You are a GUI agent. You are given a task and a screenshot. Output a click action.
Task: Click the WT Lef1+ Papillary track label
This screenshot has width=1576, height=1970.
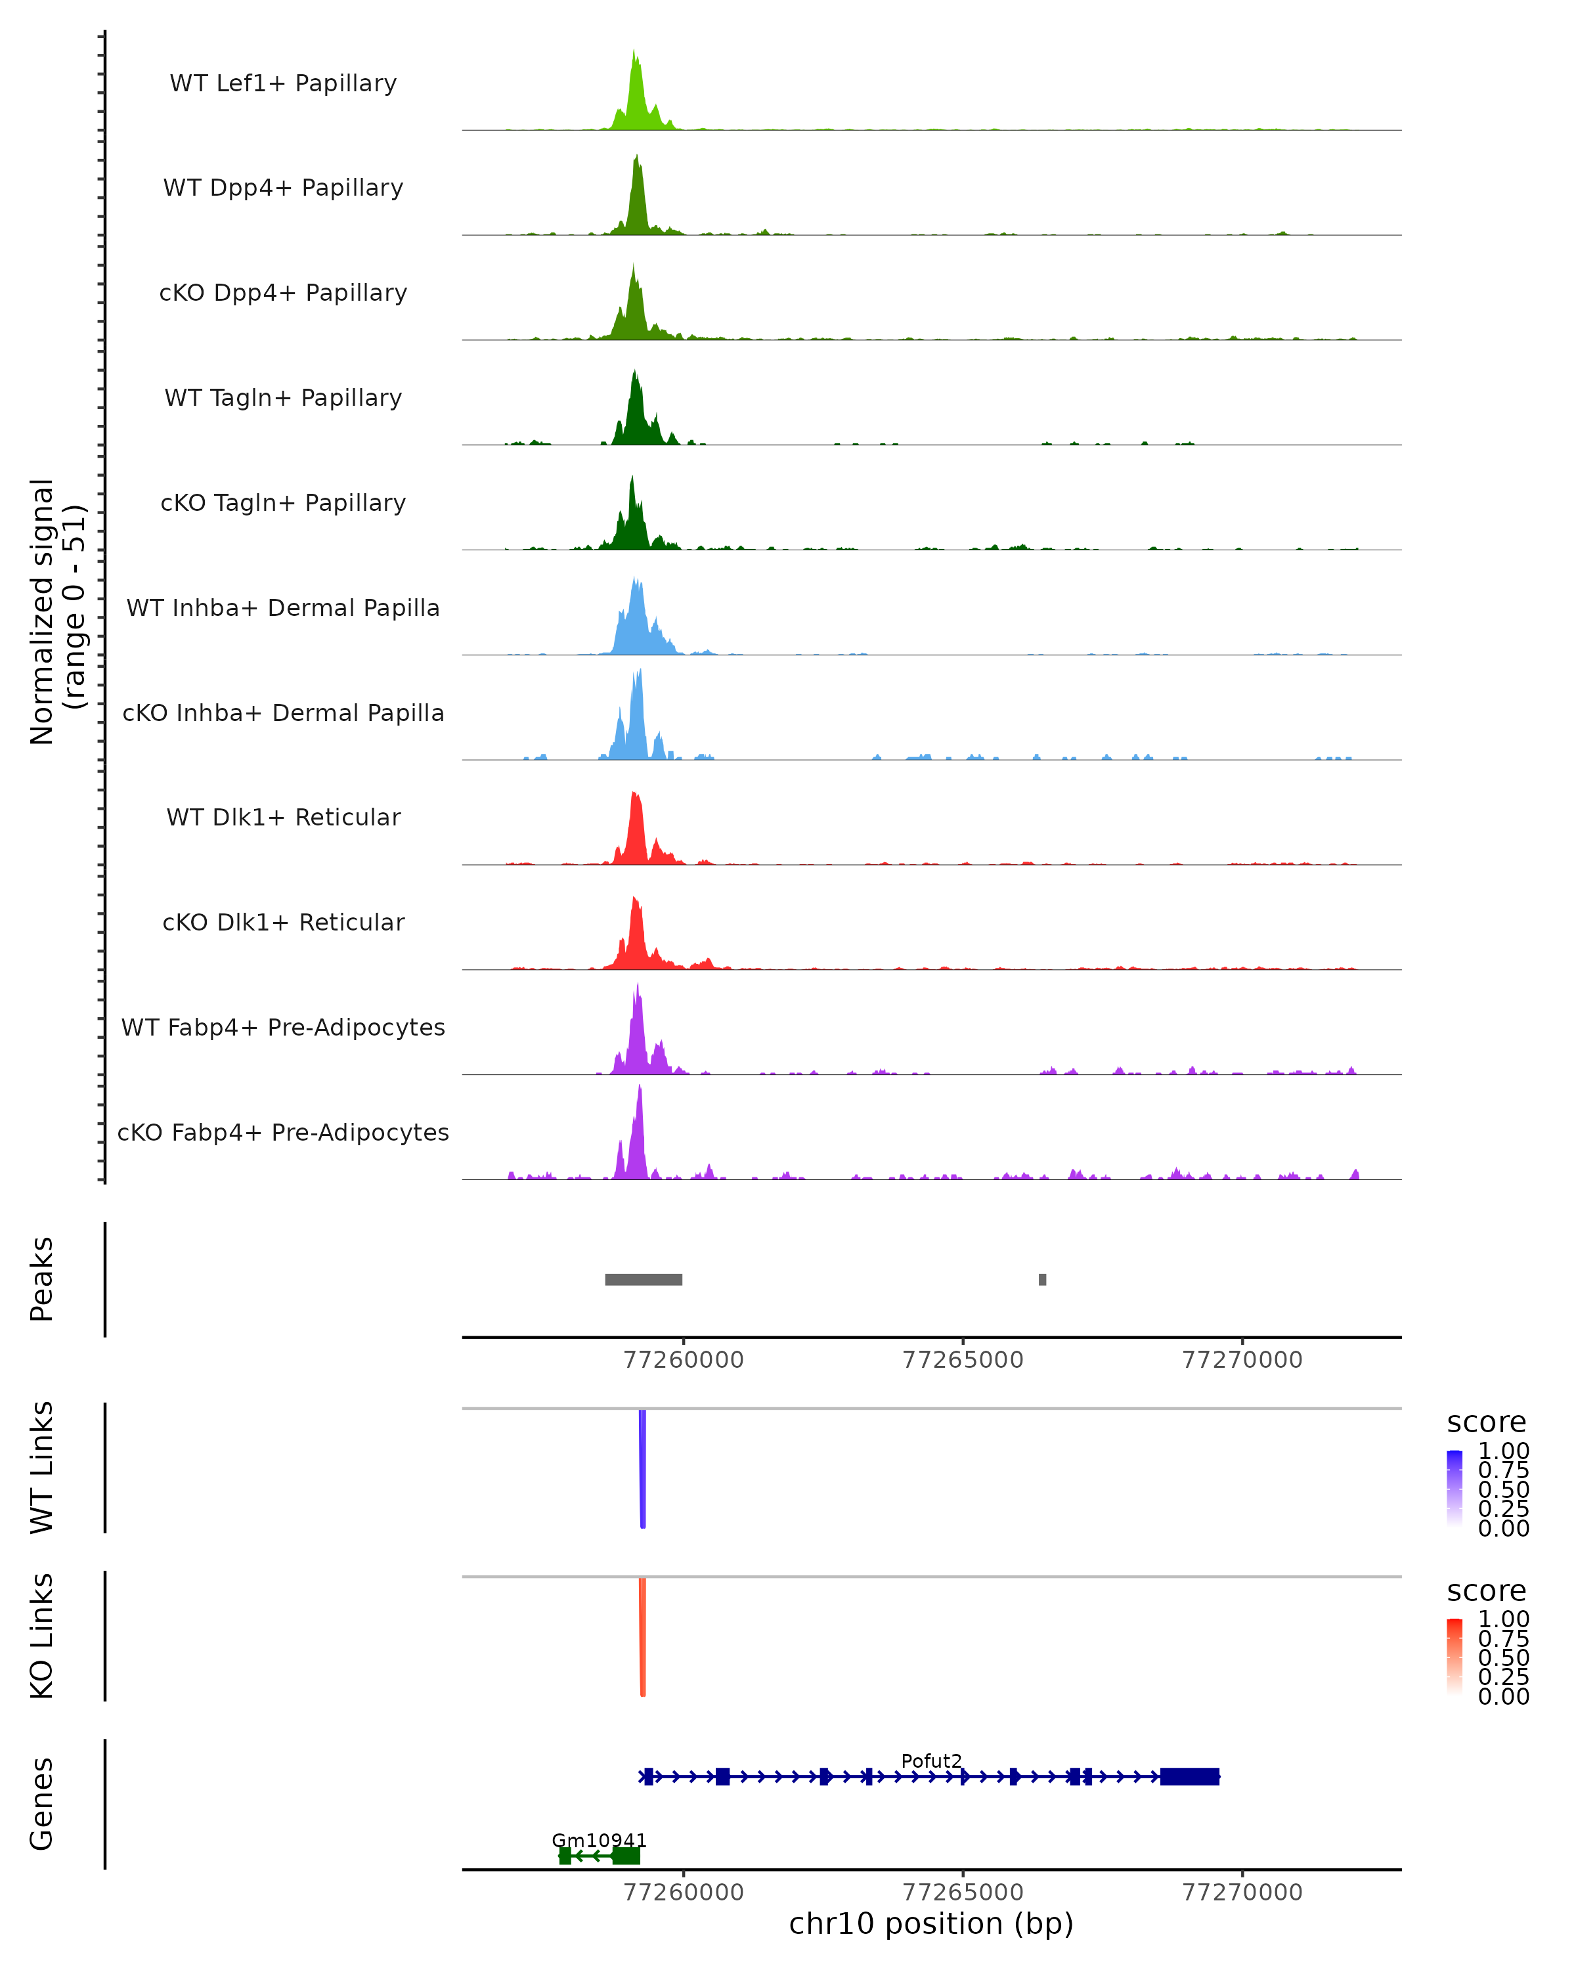[x=283, y=83]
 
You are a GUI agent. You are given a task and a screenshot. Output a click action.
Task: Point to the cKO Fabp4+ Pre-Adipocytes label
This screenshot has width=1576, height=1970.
[x=283, y=1132]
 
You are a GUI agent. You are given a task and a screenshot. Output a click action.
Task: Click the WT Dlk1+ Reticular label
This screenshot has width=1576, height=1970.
[x=283, y=817]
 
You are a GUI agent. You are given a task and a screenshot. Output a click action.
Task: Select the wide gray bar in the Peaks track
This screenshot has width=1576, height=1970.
[x=643, y=1279]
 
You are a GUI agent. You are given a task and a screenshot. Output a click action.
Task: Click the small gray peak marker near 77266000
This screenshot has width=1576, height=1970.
[x=1042, y=1279]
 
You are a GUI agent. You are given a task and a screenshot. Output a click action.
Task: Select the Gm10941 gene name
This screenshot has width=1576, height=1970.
[x=598, y=1840]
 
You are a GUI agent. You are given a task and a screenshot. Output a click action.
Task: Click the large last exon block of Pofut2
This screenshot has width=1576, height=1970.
[x=1189, y=1776]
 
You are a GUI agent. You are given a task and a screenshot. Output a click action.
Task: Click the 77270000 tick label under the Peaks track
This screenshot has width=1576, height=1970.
[x=1242, y=1360]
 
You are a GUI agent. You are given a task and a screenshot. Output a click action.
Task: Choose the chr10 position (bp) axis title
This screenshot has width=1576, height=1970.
[x=931, y=1924]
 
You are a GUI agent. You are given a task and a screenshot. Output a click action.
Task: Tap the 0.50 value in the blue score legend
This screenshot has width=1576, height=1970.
[x=1504, y=1489]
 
